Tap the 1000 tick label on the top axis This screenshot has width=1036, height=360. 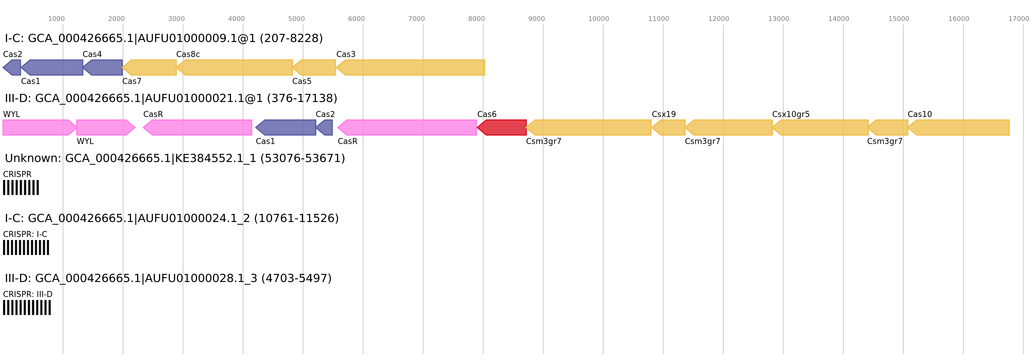tap(56, 19)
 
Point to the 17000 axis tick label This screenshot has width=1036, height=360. tap(1018, 19)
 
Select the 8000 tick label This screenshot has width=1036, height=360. tap(476, 19)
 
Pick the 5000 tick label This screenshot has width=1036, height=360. tap(297, 19)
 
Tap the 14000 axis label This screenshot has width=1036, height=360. tap(839, 19)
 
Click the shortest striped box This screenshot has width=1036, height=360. tap(21, 187)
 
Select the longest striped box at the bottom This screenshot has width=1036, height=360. tap(27, 307)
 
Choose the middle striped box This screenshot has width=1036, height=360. tap(26, 247)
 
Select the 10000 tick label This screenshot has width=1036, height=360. tap(598, 19)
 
